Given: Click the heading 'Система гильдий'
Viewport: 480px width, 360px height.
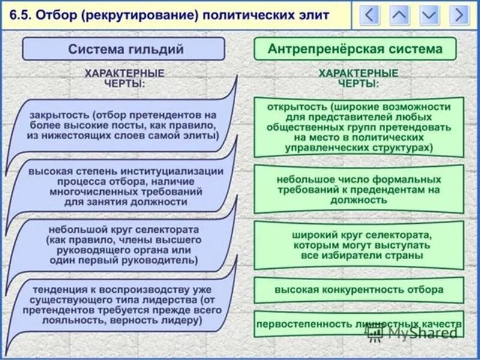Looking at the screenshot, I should point(125,49).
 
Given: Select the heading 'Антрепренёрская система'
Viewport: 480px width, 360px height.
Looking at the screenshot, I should point(355,49).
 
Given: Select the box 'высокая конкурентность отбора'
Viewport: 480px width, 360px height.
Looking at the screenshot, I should point(359,290).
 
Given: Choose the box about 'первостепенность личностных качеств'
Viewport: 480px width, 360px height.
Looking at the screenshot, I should point(359,324).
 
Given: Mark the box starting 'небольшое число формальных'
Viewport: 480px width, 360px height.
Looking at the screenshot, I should point(359,190).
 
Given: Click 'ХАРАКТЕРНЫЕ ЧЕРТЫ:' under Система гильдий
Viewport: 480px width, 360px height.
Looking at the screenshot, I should point(124,78).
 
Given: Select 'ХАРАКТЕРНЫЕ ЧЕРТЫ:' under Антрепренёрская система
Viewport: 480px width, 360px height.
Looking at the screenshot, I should point(358,78).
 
